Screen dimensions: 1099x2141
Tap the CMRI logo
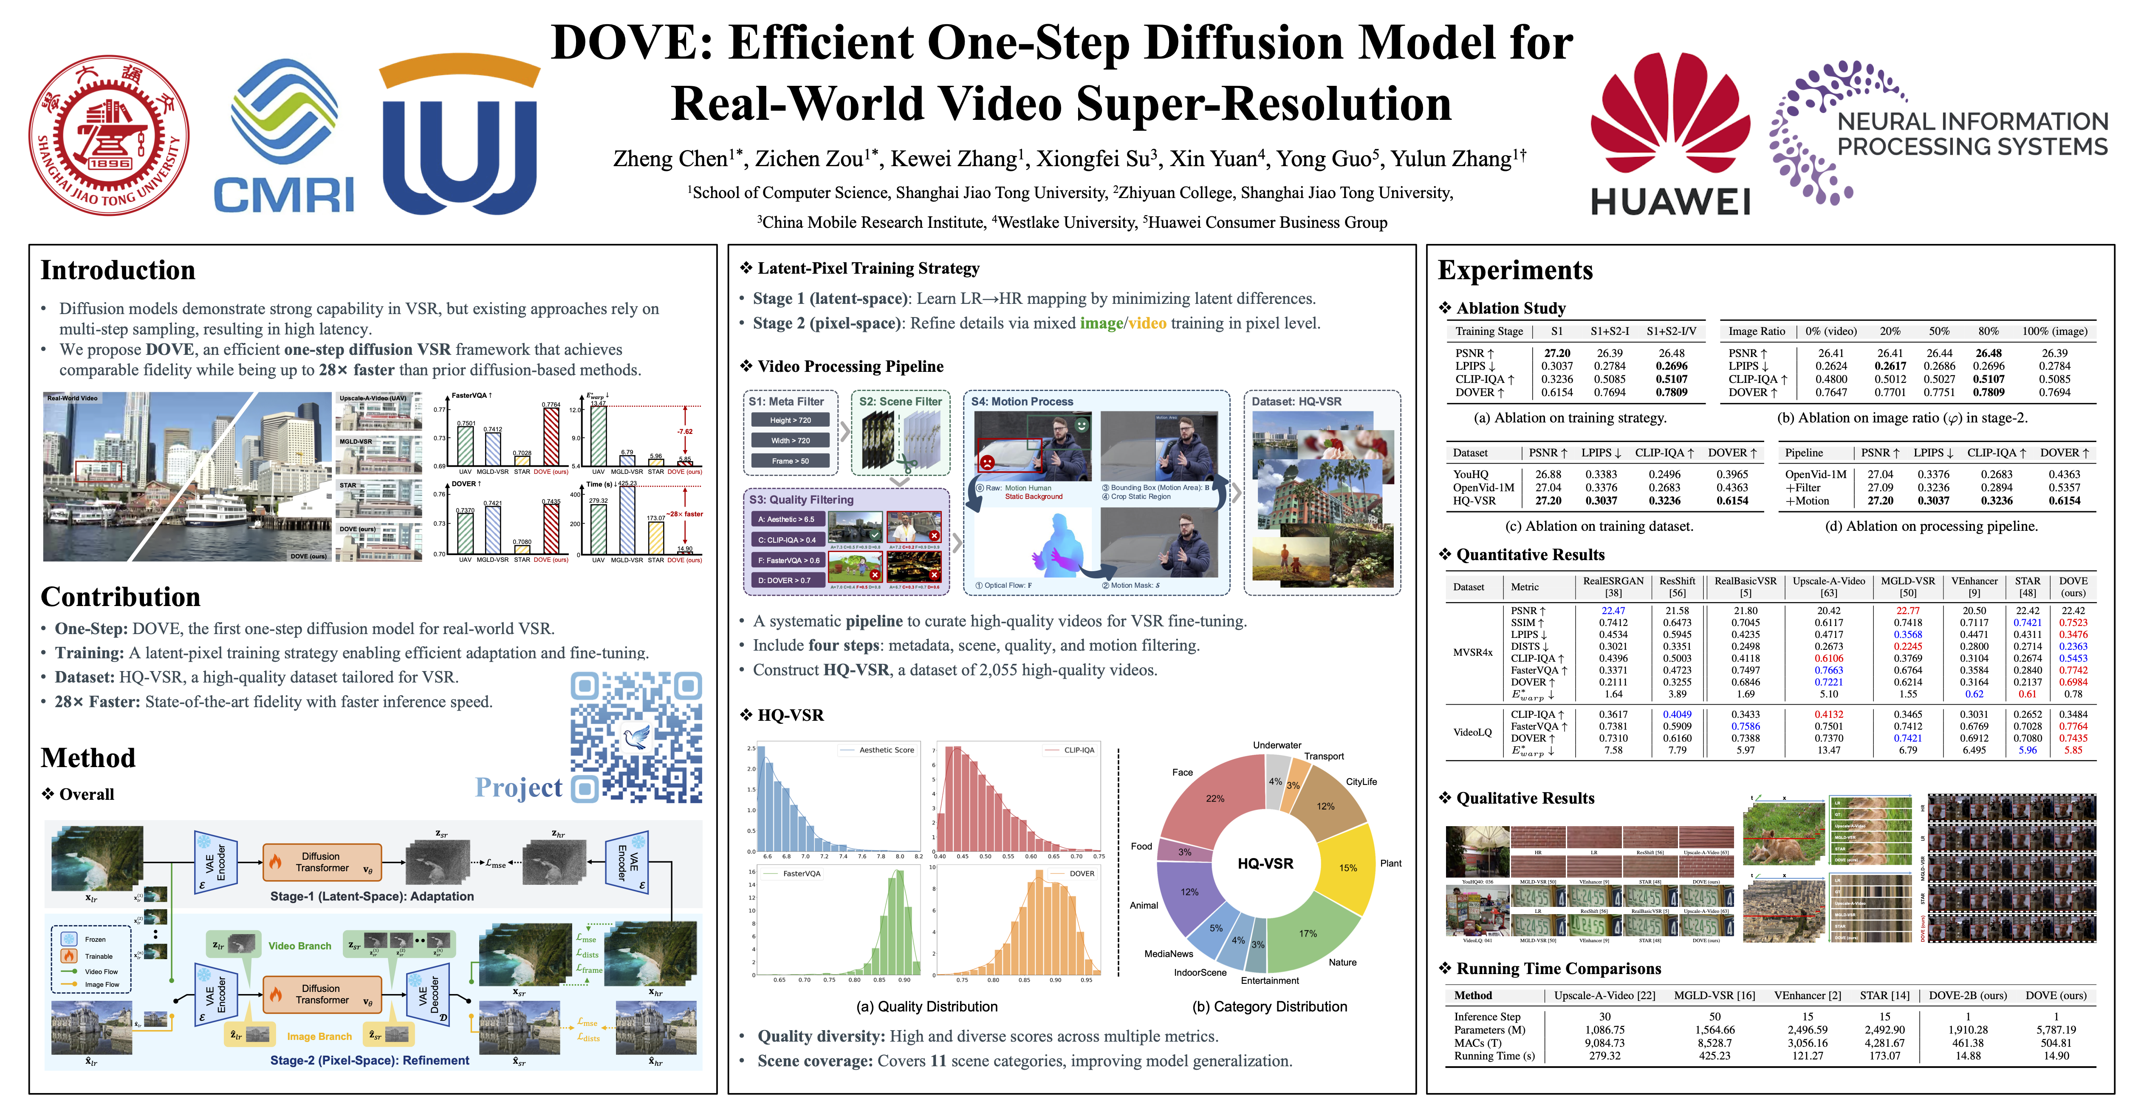tap(284, 137)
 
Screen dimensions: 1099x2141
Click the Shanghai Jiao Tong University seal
tap(109, 136)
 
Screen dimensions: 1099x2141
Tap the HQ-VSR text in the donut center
tap(1265, 863)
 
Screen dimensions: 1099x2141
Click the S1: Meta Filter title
tap(786, 402)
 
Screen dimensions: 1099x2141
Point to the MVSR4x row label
tap(1473, 652)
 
